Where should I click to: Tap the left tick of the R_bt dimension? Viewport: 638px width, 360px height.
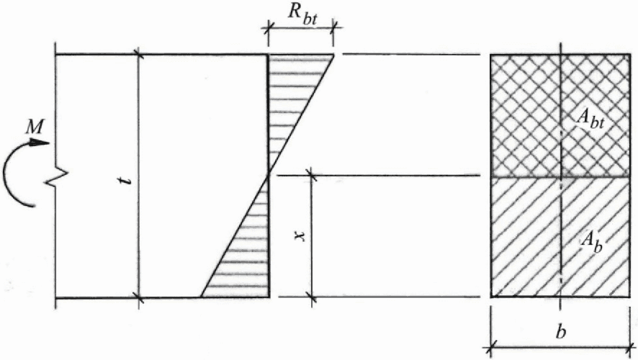click(x=269, y=28)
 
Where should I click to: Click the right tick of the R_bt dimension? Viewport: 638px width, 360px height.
click(x=334, y=28)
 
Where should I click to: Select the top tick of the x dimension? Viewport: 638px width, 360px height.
click(x=312, y=175)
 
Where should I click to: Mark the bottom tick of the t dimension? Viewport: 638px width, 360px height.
click(x=138, y=297)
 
